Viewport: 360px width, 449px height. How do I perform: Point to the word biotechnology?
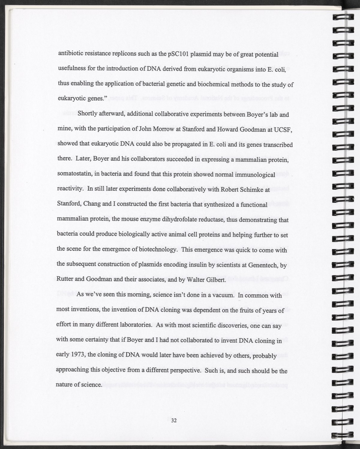pyautogui.click(x=157, y=250)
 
